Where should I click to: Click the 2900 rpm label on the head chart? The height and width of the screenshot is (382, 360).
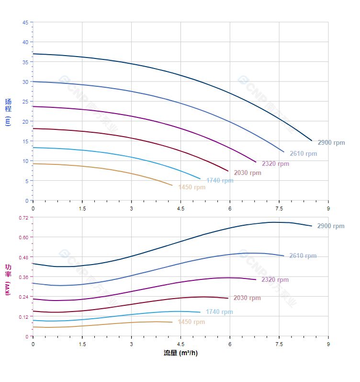coord(331,143)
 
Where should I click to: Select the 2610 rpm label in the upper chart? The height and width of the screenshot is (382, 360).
coord(303,154)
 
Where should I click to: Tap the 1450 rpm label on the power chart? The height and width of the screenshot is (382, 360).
coord(191,322)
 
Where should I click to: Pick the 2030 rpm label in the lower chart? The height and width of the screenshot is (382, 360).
coord(247,298)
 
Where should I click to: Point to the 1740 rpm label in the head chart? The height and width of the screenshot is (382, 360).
coord(220,181)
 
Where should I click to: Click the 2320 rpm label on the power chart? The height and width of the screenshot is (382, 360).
coord(275,280)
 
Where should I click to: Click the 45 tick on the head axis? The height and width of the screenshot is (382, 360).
coord(25,22)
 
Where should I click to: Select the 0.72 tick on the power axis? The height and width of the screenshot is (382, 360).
coord(24,218)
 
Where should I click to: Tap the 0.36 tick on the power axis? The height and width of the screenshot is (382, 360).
coord(24,277)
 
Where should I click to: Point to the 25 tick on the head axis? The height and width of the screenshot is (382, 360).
coord(25,102)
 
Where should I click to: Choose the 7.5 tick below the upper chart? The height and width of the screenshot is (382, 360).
coord(279,208)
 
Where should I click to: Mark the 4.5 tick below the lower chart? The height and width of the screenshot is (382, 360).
coord(180,344)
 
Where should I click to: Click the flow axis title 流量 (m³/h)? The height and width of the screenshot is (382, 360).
coord(180,353)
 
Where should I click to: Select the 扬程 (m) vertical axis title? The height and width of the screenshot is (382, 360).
coord(8,112)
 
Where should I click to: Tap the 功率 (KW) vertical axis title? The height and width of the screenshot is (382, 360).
coord(8,279)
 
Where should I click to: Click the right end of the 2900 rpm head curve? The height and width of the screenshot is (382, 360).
coord(312,140)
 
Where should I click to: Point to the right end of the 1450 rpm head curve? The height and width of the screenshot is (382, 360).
coord(172,185)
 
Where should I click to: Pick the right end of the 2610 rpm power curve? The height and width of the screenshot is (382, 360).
coord(284,255)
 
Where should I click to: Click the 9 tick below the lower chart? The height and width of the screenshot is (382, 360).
coord(328,344)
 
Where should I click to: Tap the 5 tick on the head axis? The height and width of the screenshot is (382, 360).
coord(27,181)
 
